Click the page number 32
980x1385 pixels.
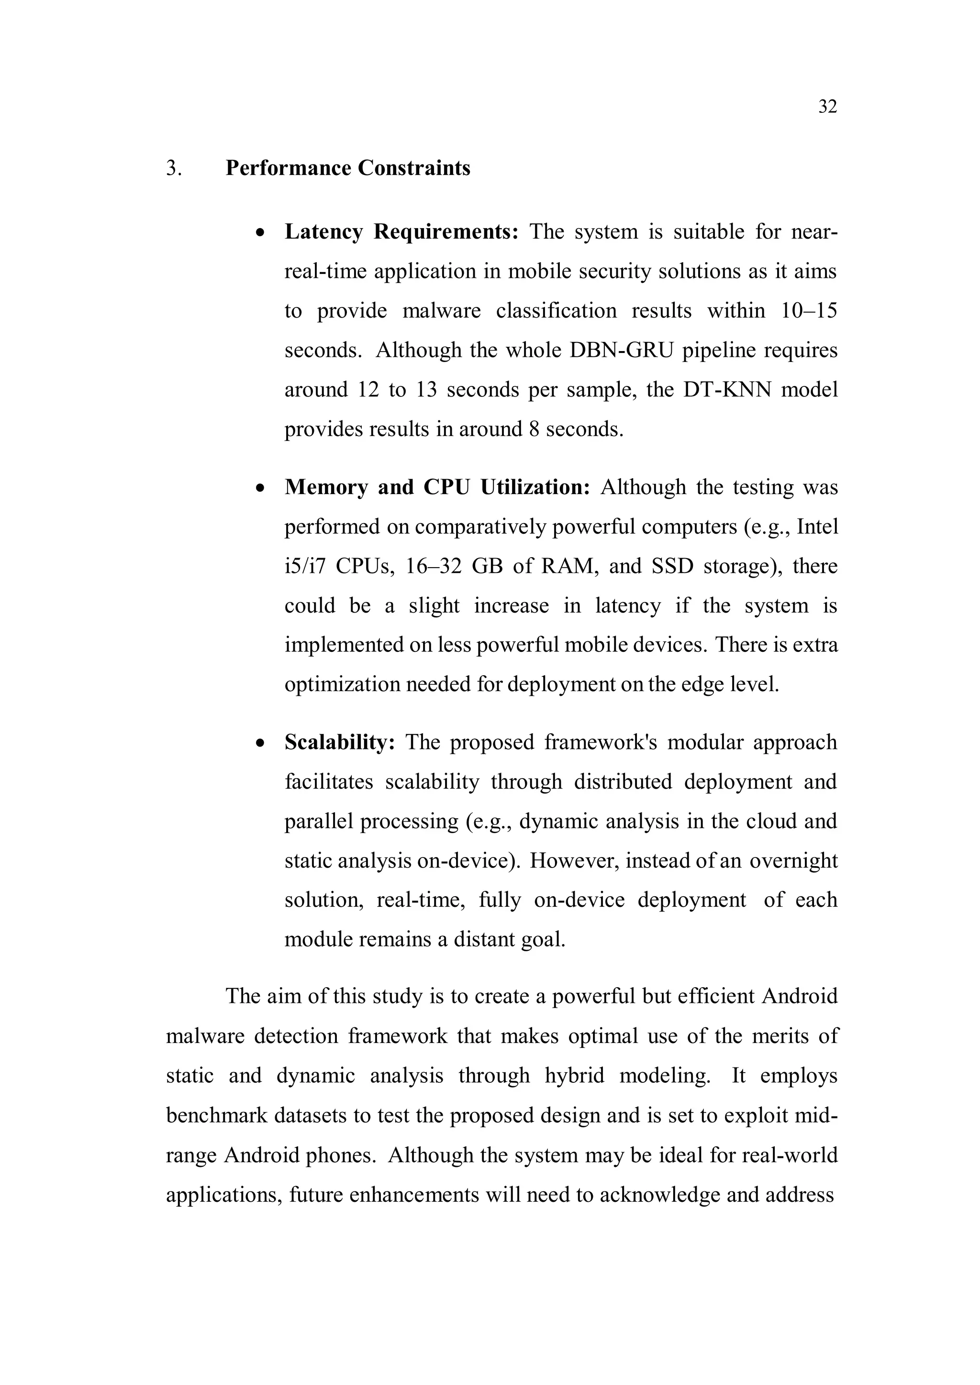pos(827,107)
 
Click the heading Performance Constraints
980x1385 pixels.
pos(347,168)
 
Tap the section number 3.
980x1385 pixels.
pos(174,168)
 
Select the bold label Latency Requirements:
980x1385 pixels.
pos(401,231)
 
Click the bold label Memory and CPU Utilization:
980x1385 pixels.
pos(437,487)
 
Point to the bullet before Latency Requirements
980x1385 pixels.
pos(260,233)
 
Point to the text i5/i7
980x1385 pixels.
pos(305,566)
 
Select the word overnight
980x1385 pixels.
pos(793,861)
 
